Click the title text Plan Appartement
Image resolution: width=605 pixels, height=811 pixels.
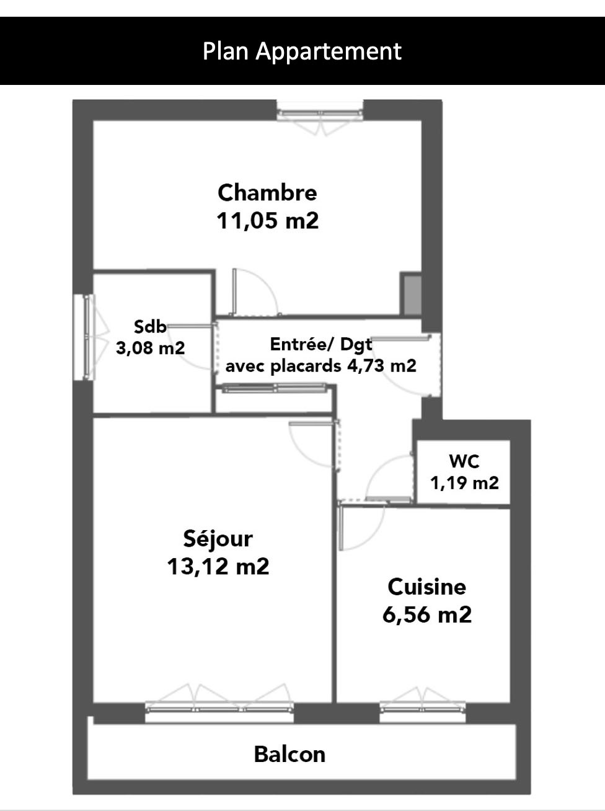(x=302, y=51)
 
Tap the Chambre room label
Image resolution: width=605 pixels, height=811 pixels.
(x=267, y=192)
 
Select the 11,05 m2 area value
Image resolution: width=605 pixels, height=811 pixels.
(x=267, y=221)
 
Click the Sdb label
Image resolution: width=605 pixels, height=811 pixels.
(x=150, y=327)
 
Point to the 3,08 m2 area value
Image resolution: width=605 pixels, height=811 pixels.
(x=151, y=348)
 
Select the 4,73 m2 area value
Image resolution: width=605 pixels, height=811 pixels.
(x=382, y=366)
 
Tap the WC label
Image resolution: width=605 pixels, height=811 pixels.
(x=464, y=461)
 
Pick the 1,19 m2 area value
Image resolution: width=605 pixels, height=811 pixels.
(x=465, y=482)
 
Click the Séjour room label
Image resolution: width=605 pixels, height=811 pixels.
(x=218, y=538)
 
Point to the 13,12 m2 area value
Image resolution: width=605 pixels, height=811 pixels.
(x=218, y=567)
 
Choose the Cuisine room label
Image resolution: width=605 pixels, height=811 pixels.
(x=427, y=587)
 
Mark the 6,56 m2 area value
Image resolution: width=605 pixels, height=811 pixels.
(x=427, y=615)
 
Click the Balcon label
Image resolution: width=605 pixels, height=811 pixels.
(x=289, y=754)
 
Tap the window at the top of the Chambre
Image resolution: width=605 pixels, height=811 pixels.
(x=320, y=113)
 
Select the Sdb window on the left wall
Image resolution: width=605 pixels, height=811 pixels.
(x=84, y=337)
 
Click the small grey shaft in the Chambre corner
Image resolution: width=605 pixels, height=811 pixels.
(x=412, y=295)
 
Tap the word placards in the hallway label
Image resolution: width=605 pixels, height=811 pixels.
(x=306, y=366)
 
